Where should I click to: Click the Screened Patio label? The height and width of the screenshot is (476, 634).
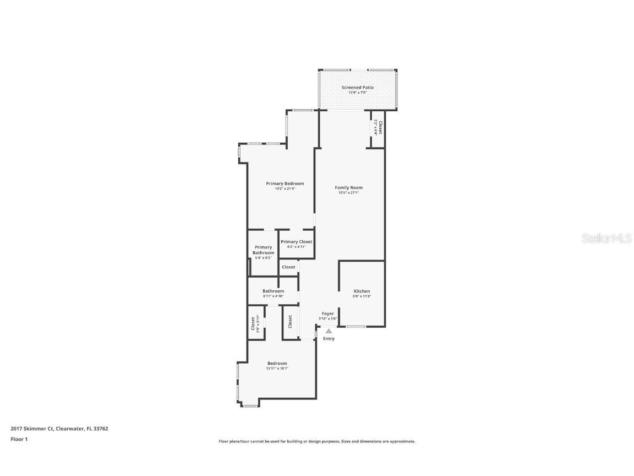[357, 88]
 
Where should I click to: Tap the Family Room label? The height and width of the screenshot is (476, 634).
[348, 188]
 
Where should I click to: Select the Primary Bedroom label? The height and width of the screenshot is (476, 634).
[285, 183]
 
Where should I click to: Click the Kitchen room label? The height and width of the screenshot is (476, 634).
[362, 291]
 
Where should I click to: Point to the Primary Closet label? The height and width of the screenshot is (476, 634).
[296, 242]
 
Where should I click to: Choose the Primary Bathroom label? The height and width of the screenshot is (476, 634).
[263, 250]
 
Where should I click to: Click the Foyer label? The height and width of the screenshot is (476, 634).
[327, 313]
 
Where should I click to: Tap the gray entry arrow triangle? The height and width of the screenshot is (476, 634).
[329, 331]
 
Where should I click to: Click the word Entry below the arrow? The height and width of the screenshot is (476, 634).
[329, 339]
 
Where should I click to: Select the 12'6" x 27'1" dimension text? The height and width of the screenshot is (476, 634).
[348, 193]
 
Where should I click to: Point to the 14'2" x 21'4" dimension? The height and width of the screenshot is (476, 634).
[285, 188]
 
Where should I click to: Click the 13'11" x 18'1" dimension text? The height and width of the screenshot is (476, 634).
[277, 368]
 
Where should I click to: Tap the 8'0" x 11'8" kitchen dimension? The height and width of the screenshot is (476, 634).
[362, 296]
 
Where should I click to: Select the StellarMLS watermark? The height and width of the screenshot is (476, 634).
[608, 239]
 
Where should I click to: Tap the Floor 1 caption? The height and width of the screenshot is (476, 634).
[19, 439]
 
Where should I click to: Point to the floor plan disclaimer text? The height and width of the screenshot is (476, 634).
[316, 441]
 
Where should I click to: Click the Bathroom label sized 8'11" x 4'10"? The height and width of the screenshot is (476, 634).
[273, 291]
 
